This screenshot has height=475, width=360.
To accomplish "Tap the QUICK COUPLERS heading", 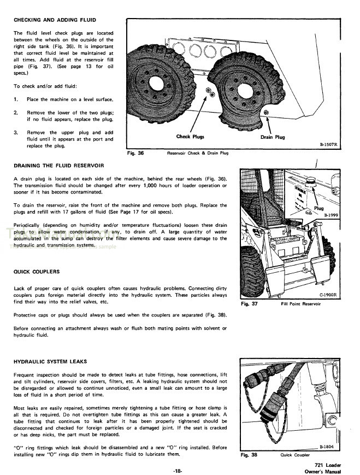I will point(36,272).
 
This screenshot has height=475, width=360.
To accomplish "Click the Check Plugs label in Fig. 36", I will point(191,137).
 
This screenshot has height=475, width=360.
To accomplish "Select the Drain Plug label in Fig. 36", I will point(272,137).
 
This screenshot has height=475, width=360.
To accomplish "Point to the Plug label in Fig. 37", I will point(319,208).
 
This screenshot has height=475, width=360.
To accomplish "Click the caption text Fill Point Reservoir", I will point(301,303).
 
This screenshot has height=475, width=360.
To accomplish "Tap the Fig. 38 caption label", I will point(250,455).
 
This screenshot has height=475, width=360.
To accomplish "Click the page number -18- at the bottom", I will point(179,470).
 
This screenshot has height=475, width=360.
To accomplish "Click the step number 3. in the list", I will point(16,132).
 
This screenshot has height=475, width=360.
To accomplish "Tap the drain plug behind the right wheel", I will point(265,112).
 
